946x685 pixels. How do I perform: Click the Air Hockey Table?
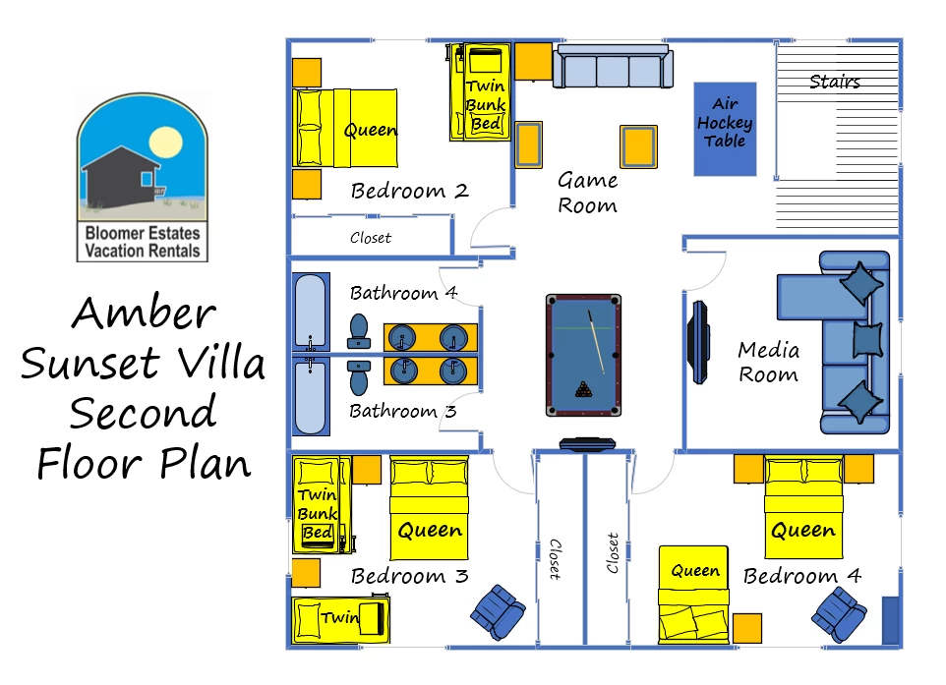click(725, 129)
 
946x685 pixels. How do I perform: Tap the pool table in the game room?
click(583, 355)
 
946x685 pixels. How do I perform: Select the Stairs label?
click(834, 82)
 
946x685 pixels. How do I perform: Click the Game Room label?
click(588, 193)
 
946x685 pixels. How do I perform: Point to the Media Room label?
click(769, 362)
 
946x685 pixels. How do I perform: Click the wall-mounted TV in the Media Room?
click(698, 342)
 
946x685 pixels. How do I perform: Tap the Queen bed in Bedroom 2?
click(344, 128)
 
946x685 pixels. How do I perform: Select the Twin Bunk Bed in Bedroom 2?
click(481, 91)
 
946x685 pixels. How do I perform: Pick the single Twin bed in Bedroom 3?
click(341, 619)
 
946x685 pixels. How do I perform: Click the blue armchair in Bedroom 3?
click(498, 611)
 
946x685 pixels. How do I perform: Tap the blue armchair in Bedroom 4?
click(839, 615)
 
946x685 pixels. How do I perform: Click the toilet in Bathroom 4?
click(359, 331)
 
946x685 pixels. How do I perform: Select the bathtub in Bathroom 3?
click(311, 395)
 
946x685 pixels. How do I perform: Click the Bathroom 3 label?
click(402, 411)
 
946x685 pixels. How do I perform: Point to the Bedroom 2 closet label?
click(371, 238)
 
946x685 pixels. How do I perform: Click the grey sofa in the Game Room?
click(613, 66)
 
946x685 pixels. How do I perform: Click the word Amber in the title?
click(144, 313)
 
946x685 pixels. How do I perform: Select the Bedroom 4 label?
click(801, 576)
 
